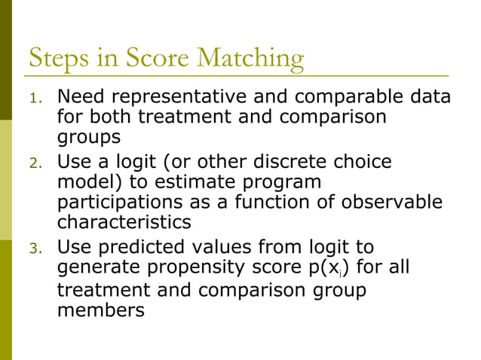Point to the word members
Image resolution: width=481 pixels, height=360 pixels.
click(100, 310)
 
